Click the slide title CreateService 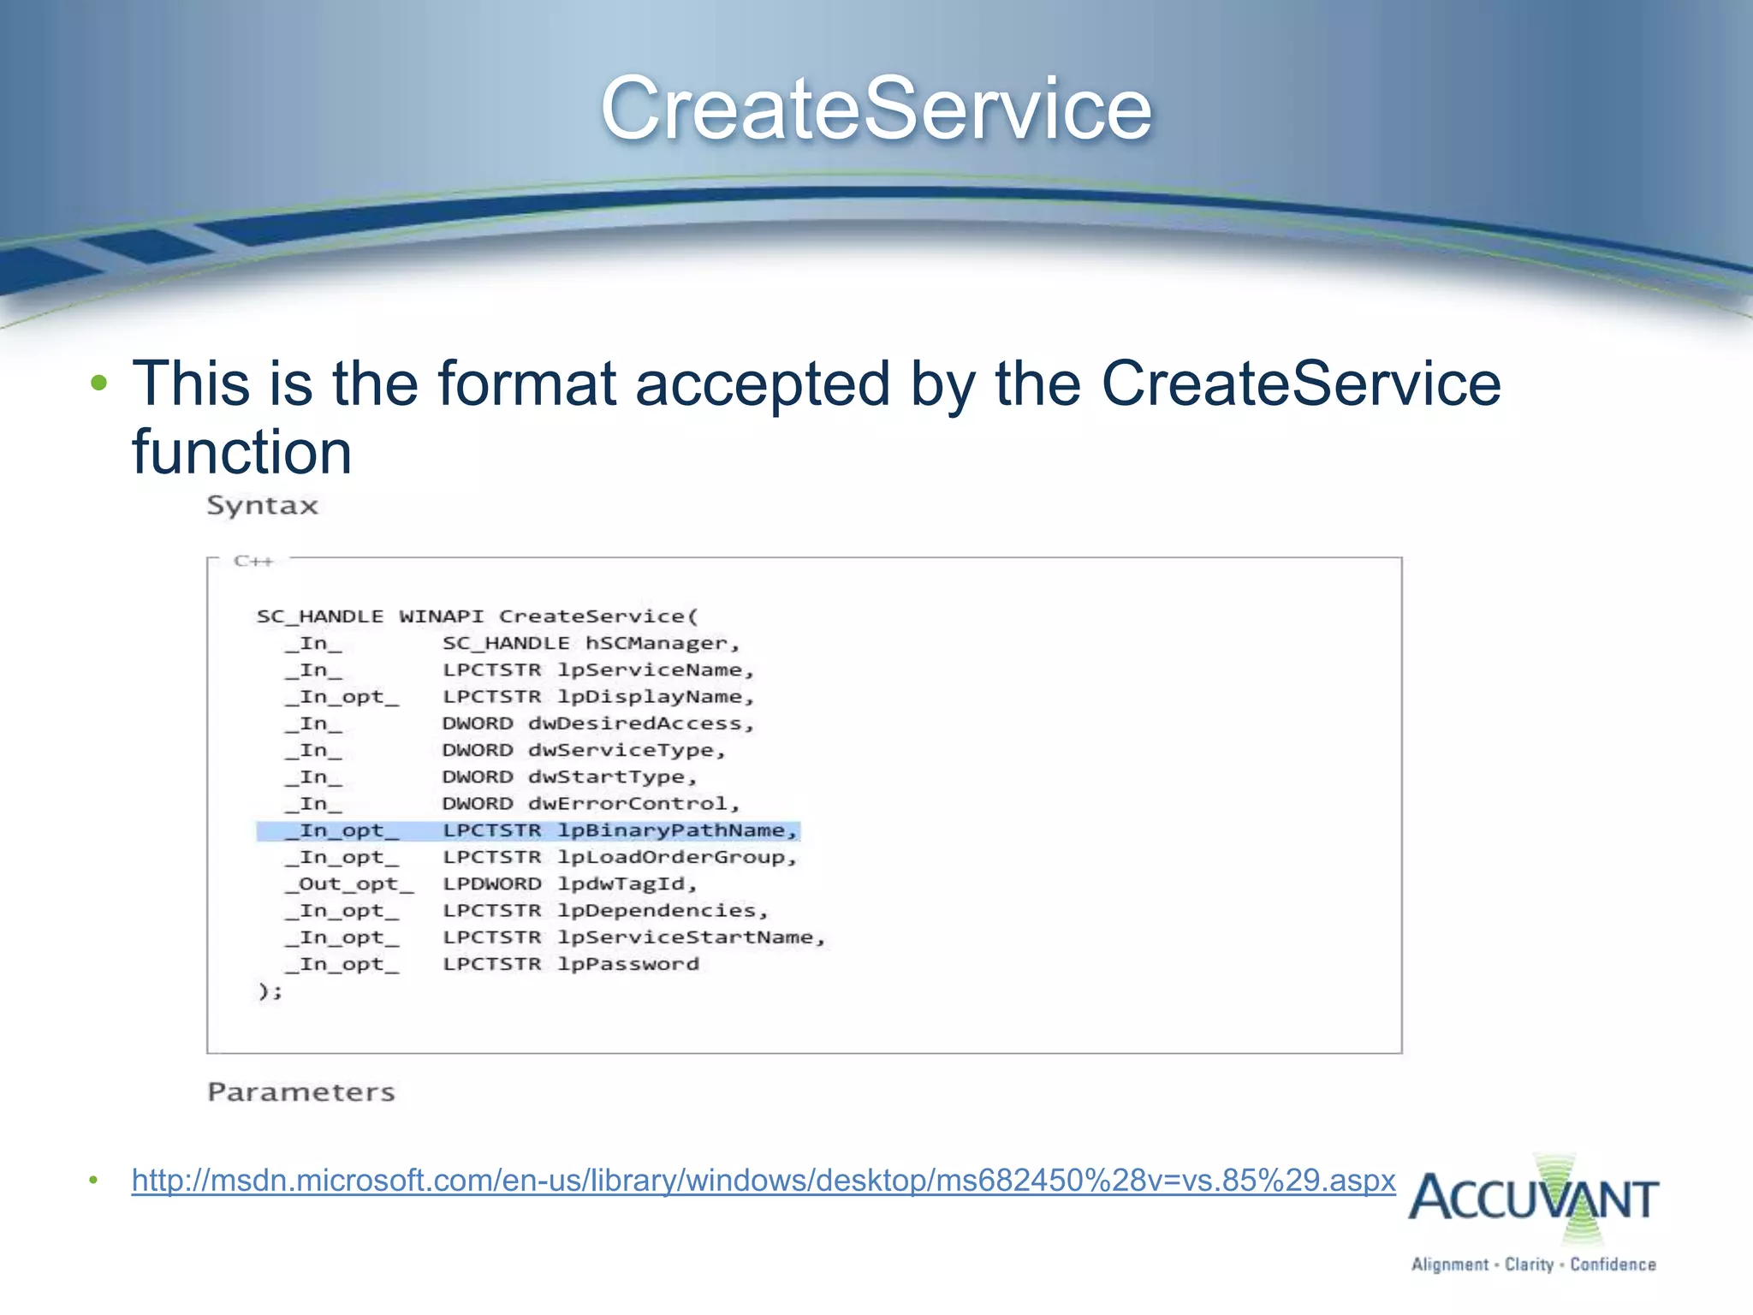point(876,109)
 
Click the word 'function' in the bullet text point(241,452)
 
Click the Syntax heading point(262,505)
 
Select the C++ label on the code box point(253,562)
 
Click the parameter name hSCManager point(661,643)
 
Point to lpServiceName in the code point(654,669)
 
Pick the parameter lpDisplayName point(654,697)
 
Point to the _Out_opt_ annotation point(349,884)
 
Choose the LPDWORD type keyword point(491,884)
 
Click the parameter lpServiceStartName point(689,937)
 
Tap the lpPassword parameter point(628,964)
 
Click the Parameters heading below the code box point(300,1092)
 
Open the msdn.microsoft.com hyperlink point(763,1180)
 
